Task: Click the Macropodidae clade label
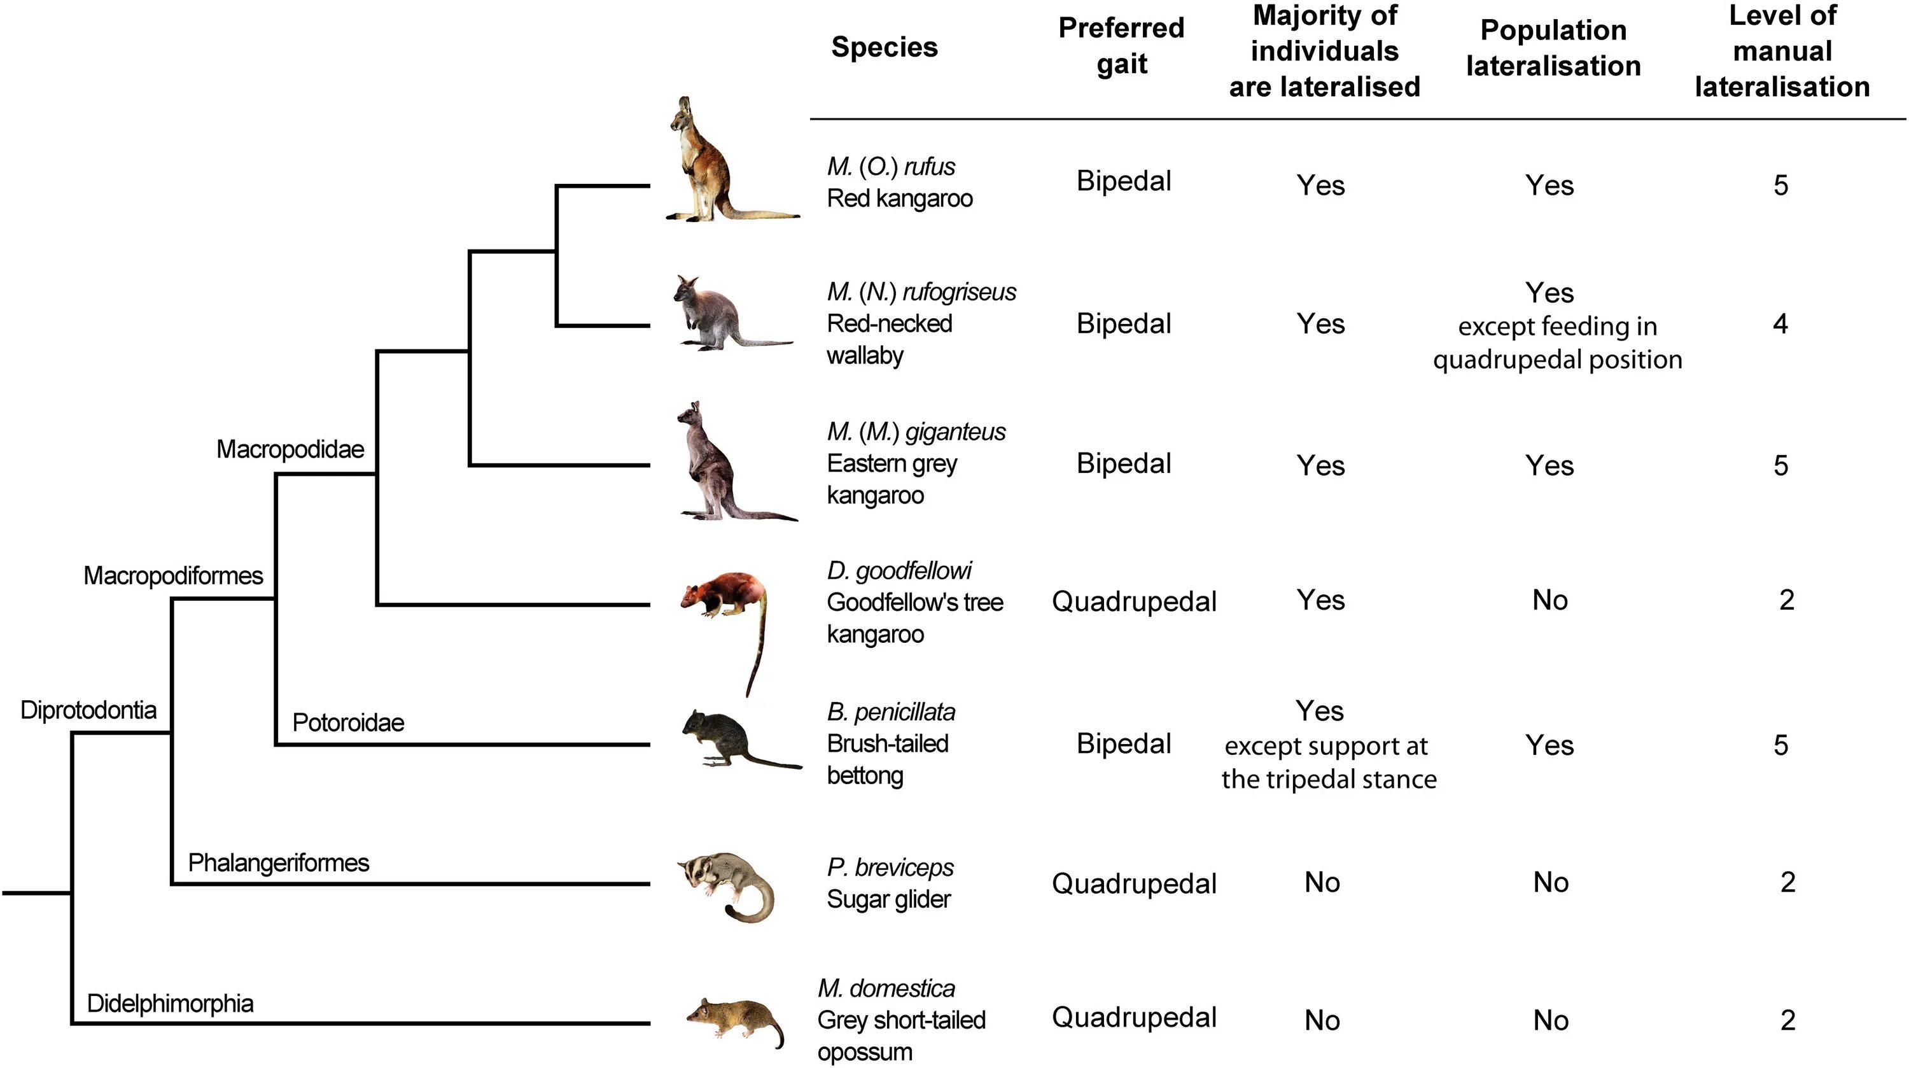tap(290, 449)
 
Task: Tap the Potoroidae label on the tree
tap(348, 722)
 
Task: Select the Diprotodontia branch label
tap(88, 710)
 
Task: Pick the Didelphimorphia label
tap(170, 1004)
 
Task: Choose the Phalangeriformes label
tap(278, 862)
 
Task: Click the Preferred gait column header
tap(1121, 46)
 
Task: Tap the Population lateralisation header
tap(1553, 48)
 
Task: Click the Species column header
tap(884, 48)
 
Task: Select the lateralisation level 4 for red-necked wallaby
tap(1780, 324)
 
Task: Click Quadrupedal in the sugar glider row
tap(1134, 883)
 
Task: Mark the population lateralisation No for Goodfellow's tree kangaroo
tap(1549, 600)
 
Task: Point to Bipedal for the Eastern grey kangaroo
tap(1124, 464)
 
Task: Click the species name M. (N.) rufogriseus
tap(921, 292)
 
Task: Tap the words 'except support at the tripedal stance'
tap(1328, 762)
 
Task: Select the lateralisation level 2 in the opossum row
tap(1787, 1020)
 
